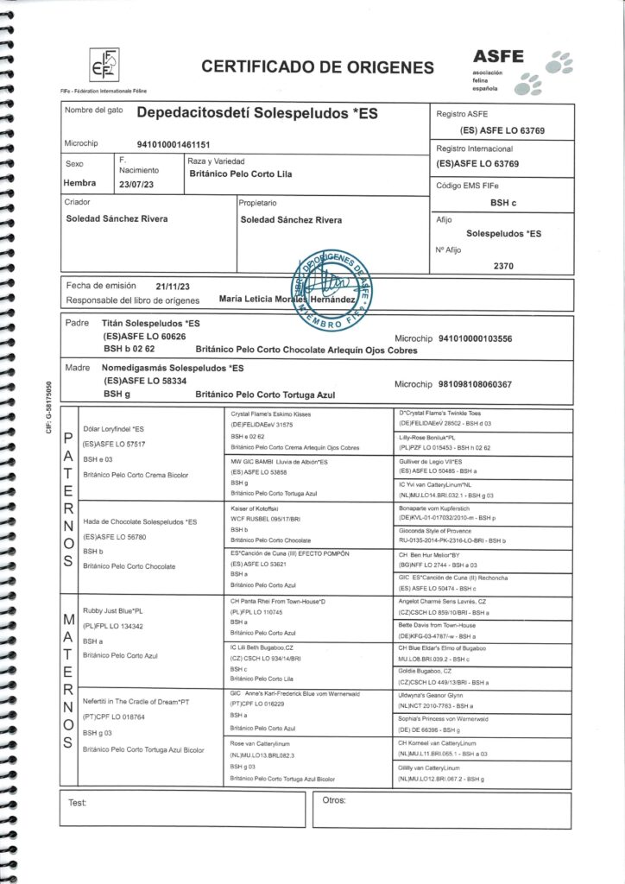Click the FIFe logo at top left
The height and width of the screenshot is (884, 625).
[105, 63]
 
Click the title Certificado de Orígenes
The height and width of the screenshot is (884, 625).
[317, 67]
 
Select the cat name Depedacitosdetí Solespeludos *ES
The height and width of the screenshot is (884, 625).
[257, 114]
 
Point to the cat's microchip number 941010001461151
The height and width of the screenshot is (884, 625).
[175, 144]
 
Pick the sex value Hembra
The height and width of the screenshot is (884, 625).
[80, 183]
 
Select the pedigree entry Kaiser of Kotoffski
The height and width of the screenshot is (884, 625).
[259, 507]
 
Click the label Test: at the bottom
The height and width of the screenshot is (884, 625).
[77, 803]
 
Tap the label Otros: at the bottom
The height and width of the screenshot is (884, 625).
[333, 800]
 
